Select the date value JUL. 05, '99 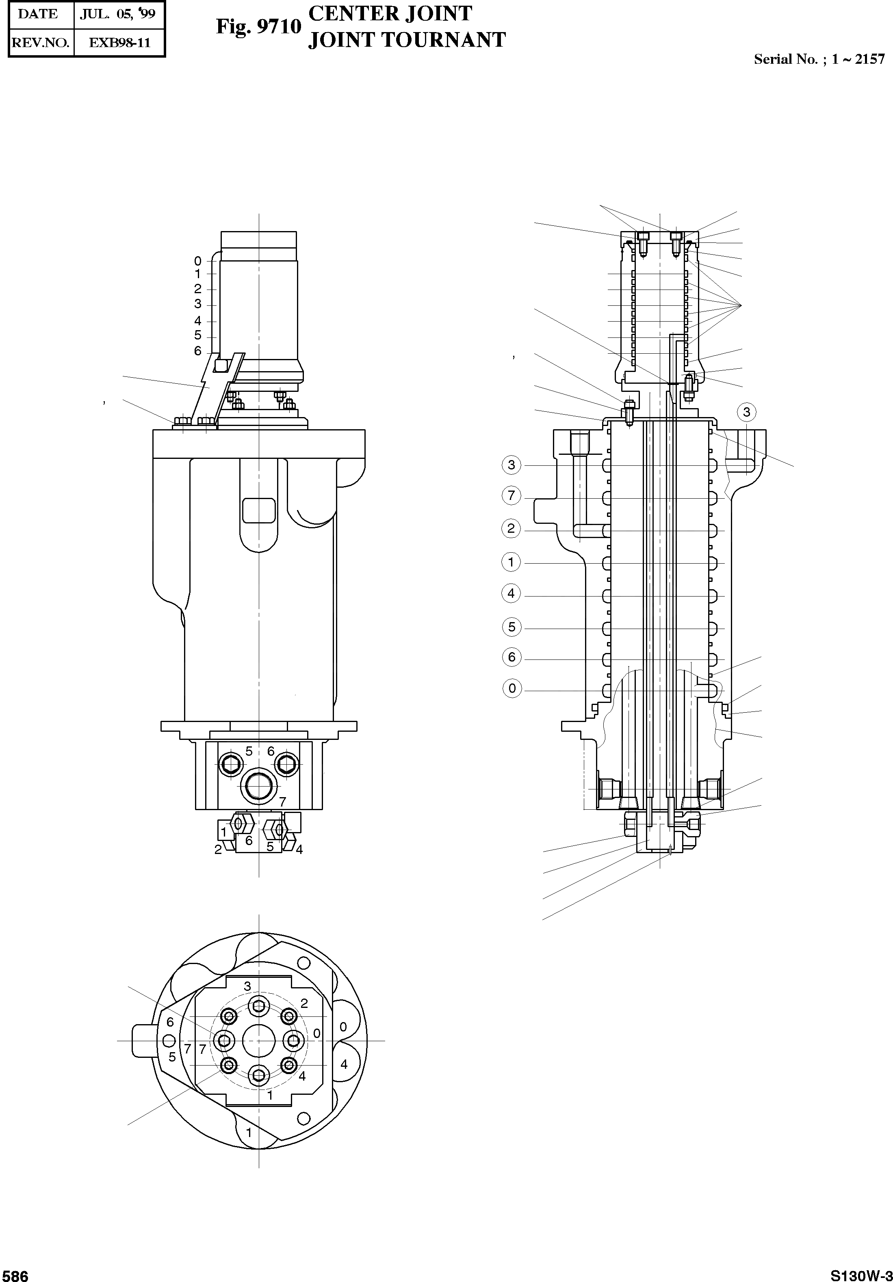(x=117, y=14)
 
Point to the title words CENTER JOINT (x=390, y=13)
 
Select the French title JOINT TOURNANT (x=407, y=40)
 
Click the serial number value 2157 (x=869, y=60)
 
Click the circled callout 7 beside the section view (x=511, y=495)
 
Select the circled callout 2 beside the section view (x=511, y=528)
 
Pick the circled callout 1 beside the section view (x=511, y=562)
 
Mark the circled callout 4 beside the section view (x=511, y=594)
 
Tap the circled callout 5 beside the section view (x=512, y=627)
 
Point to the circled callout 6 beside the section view (x=512, y=657)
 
